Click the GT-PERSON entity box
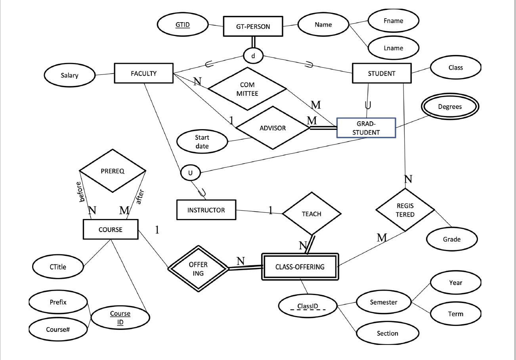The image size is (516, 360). pyautogui.click(x=253, y=27)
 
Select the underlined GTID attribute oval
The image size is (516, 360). pyautogui.click(x=183, y=25)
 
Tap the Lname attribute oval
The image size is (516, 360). pyautogui.click(x=393, y=48)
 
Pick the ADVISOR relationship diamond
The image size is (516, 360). pyautogui.click(x=272, y=128)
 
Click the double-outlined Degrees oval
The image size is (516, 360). pyautogui.click(x=450, y=107)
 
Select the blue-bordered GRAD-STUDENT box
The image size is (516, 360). pyautogui.click(x=366, y=128)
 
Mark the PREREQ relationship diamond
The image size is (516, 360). pyautogui.click(x=113, y=171)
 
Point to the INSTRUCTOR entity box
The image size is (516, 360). pyautogui.click(x=206, y=210)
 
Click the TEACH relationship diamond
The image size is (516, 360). pyautogui.click(x=312, y=214)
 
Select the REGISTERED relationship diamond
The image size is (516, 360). pyautogui.click(x=405, y=211)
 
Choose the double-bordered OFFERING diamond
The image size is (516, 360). pyautogui.click(x=198, y=268)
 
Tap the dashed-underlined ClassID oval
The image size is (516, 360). pyautogui.click(x=308, y=306)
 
